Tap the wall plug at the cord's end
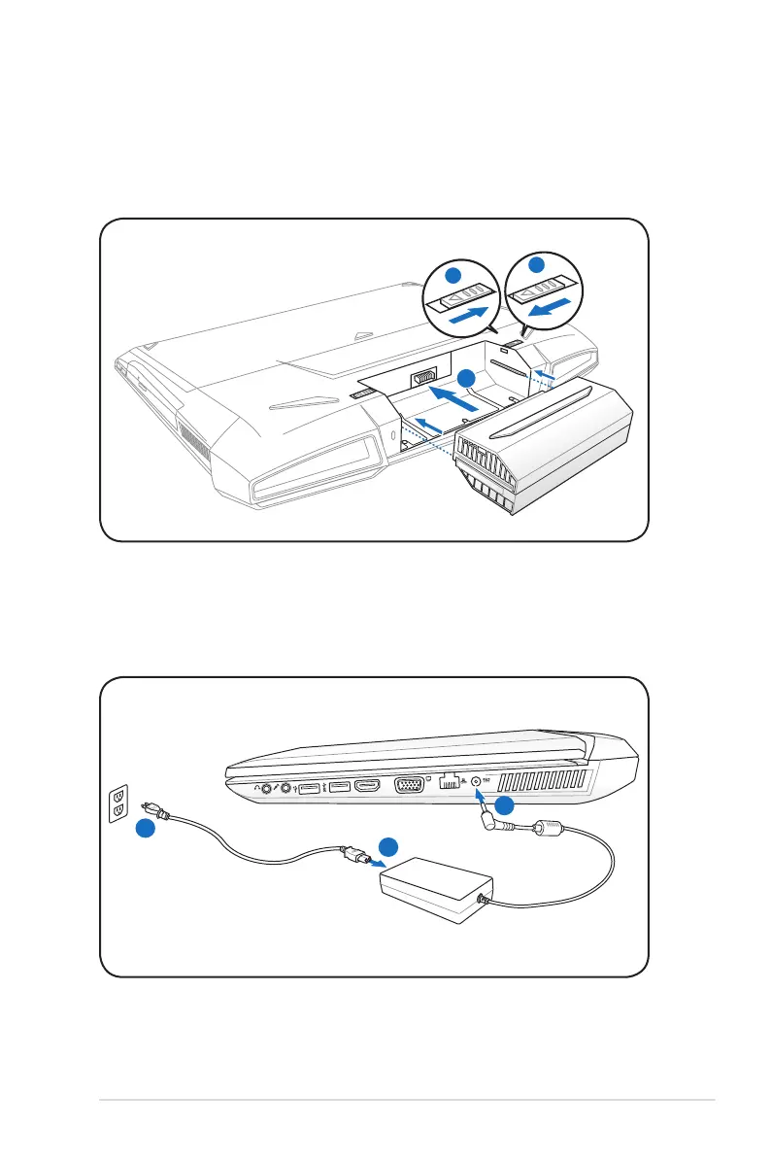click(x=153, y=809)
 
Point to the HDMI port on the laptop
click(x=366, y=786)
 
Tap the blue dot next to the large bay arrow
click(x=467, y=379)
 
